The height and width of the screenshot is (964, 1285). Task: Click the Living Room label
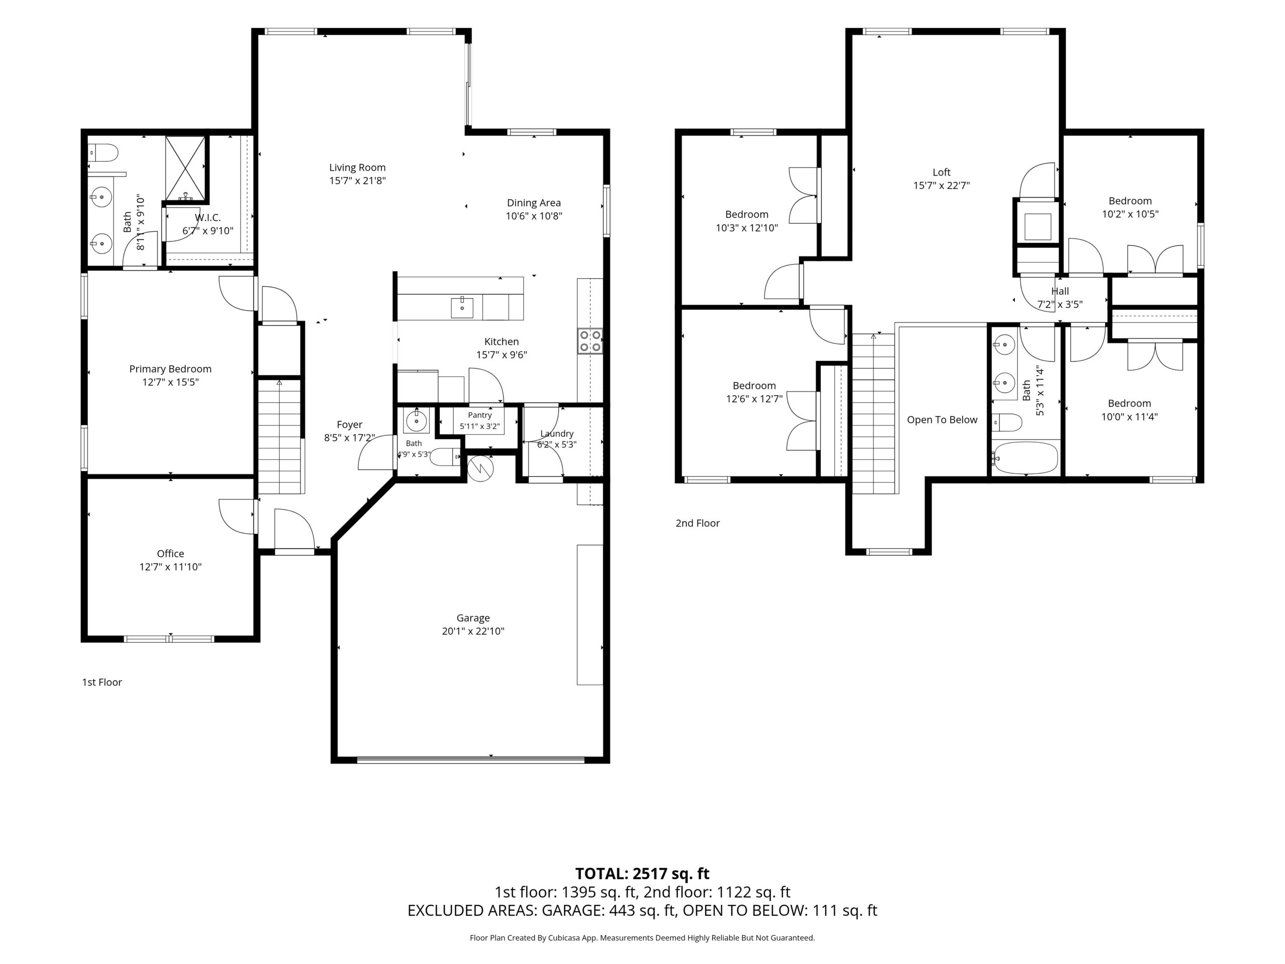click(357, 167)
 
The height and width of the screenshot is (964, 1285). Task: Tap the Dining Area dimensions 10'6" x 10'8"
click(534, 216)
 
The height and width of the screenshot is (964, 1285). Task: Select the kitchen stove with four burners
click(590, 341)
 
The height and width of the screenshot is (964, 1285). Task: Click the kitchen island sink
click(462, 307)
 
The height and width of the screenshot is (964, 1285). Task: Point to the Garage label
click(473, 618)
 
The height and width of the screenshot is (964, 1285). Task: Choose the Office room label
click(170, 554)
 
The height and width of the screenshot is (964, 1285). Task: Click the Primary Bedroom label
click(170, 369)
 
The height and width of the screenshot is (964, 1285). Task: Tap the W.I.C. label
click(207, 218)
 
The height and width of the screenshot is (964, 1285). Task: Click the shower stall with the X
click(185, 169)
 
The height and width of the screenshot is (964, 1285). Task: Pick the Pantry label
click(480, 415)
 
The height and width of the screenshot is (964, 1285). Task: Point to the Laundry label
click(557, 433)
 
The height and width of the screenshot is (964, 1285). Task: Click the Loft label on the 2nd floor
click(941, 172)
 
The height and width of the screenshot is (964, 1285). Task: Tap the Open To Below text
click(942, 420)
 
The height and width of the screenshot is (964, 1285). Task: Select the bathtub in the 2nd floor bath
click(1025, 458)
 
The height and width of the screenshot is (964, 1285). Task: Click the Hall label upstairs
click(1060, 291)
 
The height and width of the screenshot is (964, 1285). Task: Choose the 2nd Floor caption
click(697, 523)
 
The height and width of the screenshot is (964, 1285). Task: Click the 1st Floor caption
click(102, 682)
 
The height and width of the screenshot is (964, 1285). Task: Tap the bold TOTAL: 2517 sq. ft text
click(642, 873)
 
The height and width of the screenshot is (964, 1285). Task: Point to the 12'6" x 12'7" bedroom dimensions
click(754, 399)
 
